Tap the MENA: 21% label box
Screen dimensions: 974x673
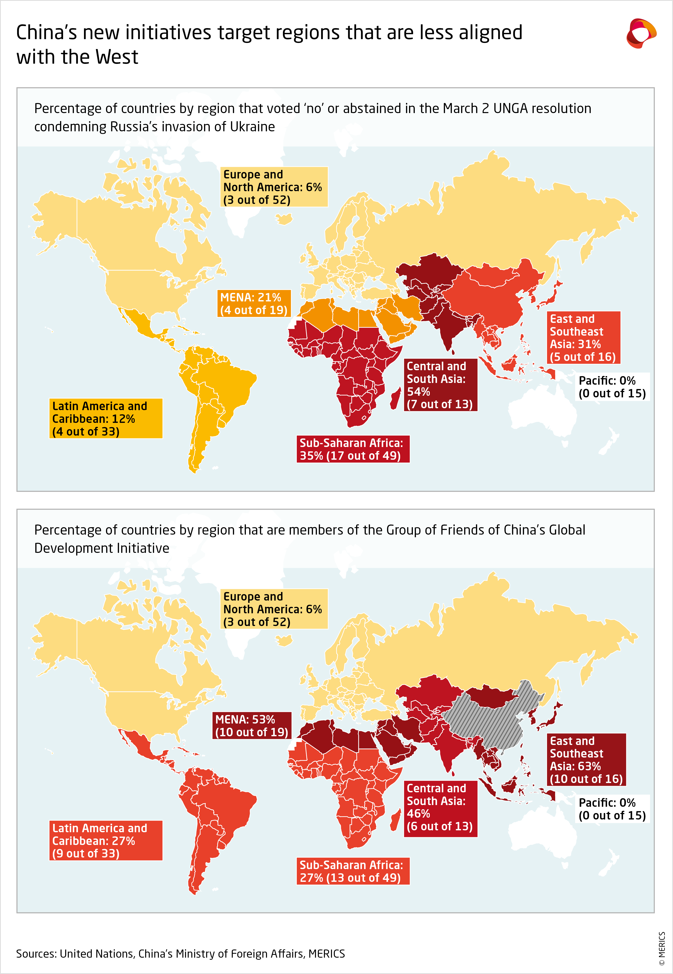pos(254,304)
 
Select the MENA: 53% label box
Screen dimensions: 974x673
pos(252,726)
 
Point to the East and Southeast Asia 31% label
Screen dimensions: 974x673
pos(584,338)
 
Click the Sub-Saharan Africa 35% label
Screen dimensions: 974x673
pos(352,449)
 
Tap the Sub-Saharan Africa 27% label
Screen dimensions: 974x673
pos(352,871)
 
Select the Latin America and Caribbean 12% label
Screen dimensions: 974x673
pos(105,419)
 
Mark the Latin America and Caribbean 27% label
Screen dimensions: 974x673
pos(105,841)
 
